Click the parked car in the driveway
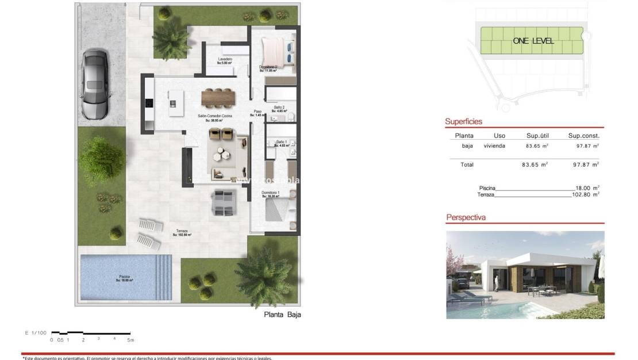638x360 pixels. [95, 84]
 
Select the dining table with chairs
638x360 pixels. [218, 98]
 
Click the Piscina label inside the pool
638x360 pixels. [124, 279]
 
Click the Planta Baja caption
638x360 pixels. [282, 315]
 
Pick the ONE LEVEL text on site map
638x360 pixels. [533, 41]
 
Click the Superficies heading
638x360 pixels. [463, 122]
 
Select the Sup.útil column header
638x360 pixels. [538, 136]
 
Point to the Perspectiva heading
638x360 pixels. [466, 218]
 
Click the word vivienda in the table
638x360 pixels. [495, 146]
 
